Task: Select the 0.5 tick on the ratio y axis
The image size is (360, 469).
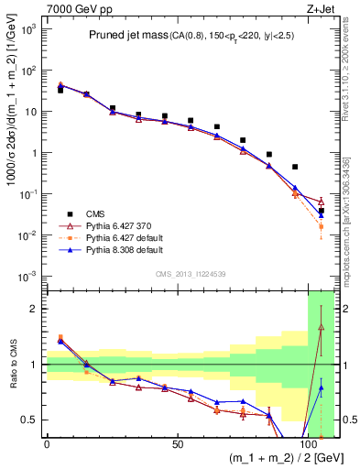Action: [x=30, y=420]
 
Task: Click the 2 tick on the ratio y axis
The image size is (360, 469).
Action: [x=35, y=309]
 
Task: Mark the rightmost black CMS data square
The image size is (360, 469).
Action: [x=321, y=211]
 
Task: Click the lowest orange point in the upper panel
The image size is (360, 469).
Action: [x=321, y=226]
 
